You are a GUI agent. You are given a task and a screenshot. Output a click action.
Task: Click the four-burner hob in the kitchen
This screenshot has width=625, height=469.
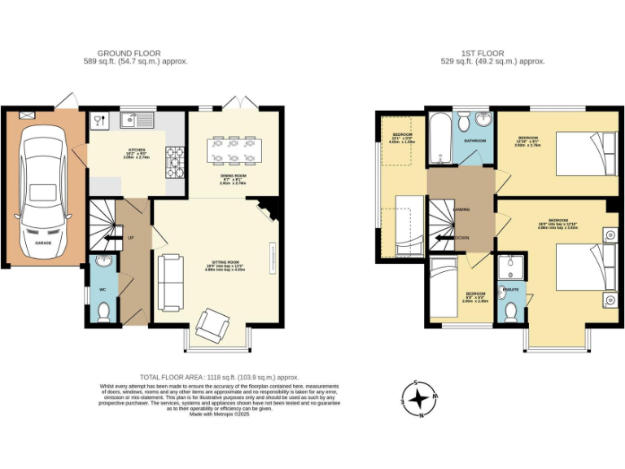[x=174, y=162]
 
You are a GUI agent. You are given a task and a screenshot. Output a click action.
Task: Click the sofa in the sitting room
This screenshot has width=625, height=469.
[x=169, y=282]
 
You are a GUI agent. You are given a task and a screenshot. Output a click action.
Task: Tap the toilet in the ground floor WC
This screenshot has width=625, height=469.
[x=103, y=310]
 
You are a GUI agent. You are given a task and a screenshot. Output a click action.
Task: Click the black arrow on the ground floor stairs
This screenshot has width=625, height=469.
[x=107, y=238]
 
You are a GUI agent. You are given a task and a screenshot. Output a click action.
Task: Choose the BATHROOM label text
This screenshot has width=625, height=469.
[x=475, y=141]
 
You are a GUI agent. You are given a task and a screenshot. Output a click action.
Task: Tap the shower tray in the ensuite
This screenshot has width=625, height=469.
[x=510, y=265]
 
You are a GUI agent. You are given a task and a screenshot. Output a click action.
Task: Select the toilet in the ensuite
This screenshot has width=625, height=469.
[x=511, y=311]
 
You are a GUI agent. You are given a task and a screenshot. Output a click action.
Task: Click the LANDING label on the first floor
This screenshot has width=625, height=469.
[x=461, y=209]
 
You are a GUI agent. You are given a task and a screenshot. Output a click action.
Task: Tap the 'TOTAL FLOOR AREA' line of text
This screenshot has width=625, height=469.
[x=220, y=377]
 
